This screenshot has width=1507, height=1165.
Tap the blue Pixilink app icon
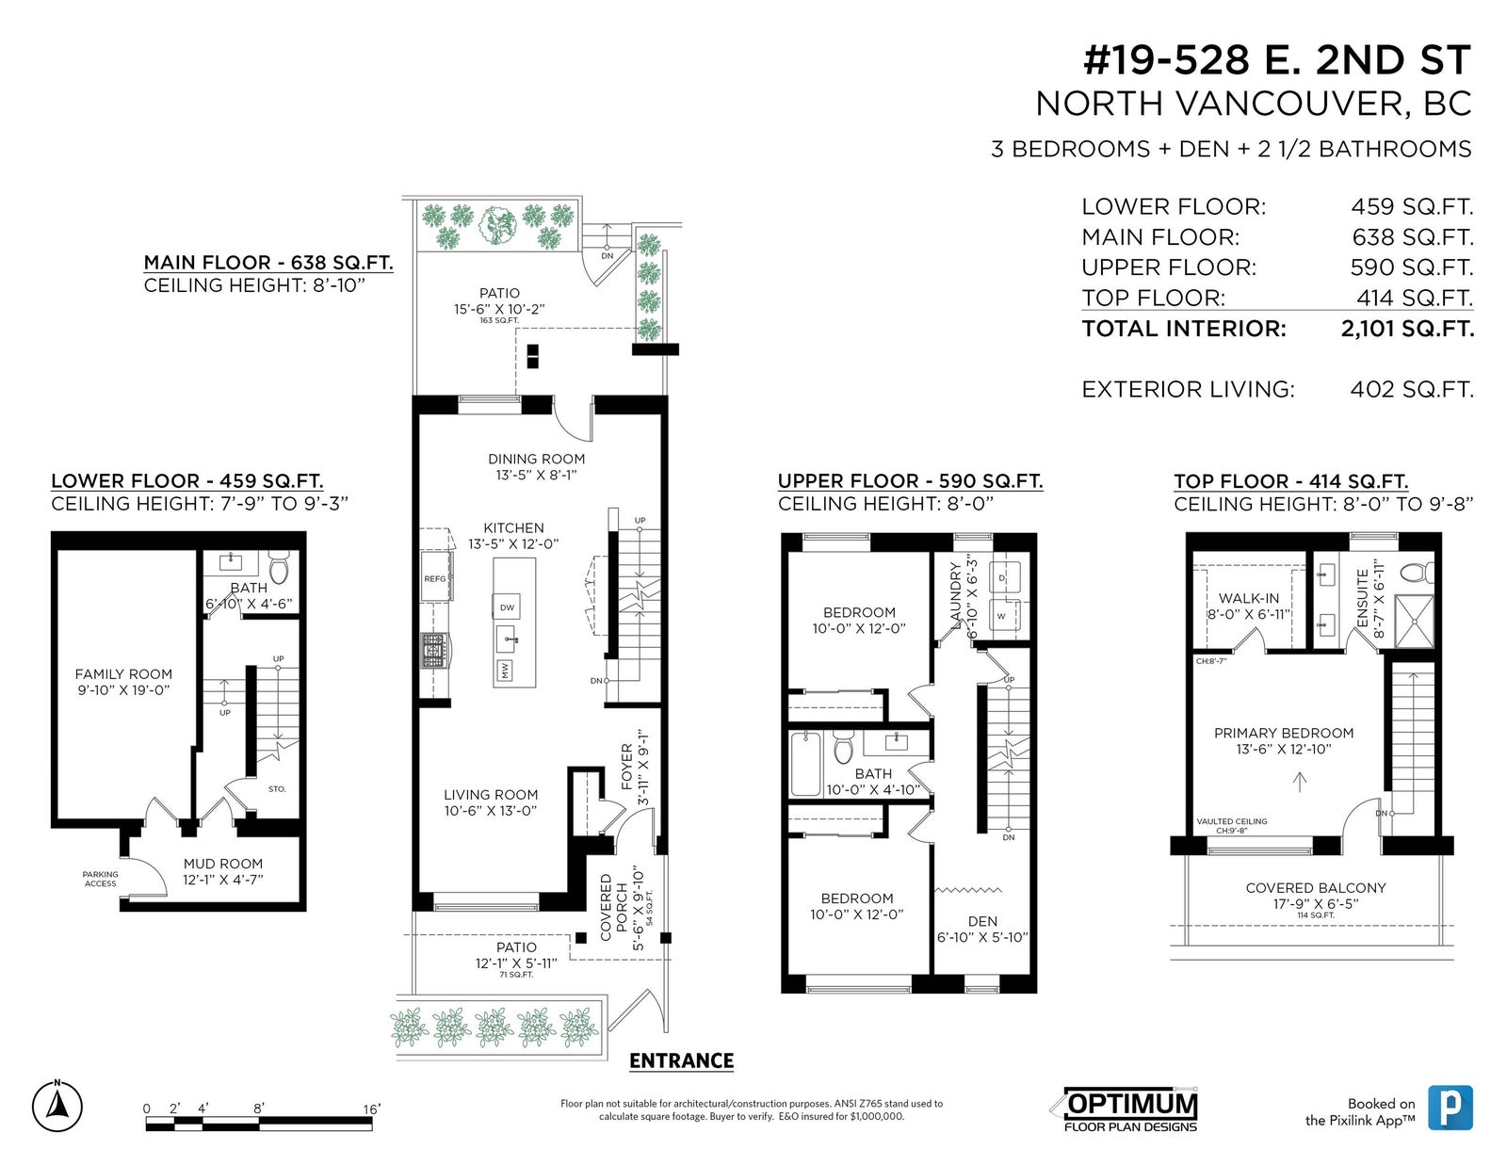click(1450, 1108)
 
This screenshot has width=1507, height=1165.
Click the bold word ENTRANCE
click(681, 1061)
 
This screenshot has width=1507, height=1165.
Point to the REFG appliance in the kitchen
click(436, 576)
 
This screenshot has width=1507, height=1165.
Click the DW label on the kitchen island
click(507, 607)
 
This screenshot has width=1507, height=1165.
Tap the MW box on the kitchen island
click(505, 671)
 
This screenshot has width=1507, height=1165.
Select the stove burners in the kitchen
click(435, 651)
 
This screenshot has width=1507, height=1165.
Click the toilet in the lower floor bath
click(279, 568)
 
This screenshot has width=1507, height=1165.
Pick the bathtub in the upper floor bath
click(806, 764)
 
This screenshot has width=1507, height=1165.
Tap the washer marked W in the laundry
click(1003, 615)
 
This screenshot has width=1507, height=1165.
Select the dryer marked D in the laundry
click(1003, 577)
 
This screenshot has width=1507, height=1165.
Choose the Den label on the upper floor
click(982, 921)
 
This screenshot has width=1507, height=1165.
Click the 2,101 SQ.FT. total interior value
click(1407, 329)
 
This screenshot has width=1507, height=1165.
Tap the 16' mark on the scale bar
click(372, 1109)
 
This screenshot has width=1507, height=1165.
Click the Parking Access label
click(101, 880)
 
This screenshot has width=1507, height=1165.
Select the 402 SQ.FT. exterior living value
click(1411, 390)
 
